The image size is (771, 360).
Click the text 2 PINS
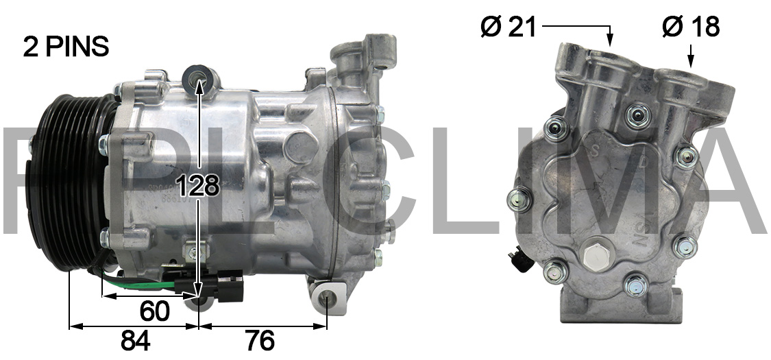click(x=66, y=46)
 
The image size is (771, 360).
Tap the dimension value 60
click(x=154, y=311)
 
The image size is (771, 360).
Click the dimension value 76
click(x=259, y=340)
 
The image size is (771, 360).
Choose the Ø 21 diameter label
click(x=509, y=27)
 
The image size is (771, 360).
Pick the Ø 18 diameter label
click(x=691, y=27)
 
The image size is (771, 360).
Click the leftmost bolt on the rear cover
click(x=518, y=199)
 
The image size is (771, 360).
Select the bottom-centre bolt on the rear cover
click(x=636, y=283)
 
